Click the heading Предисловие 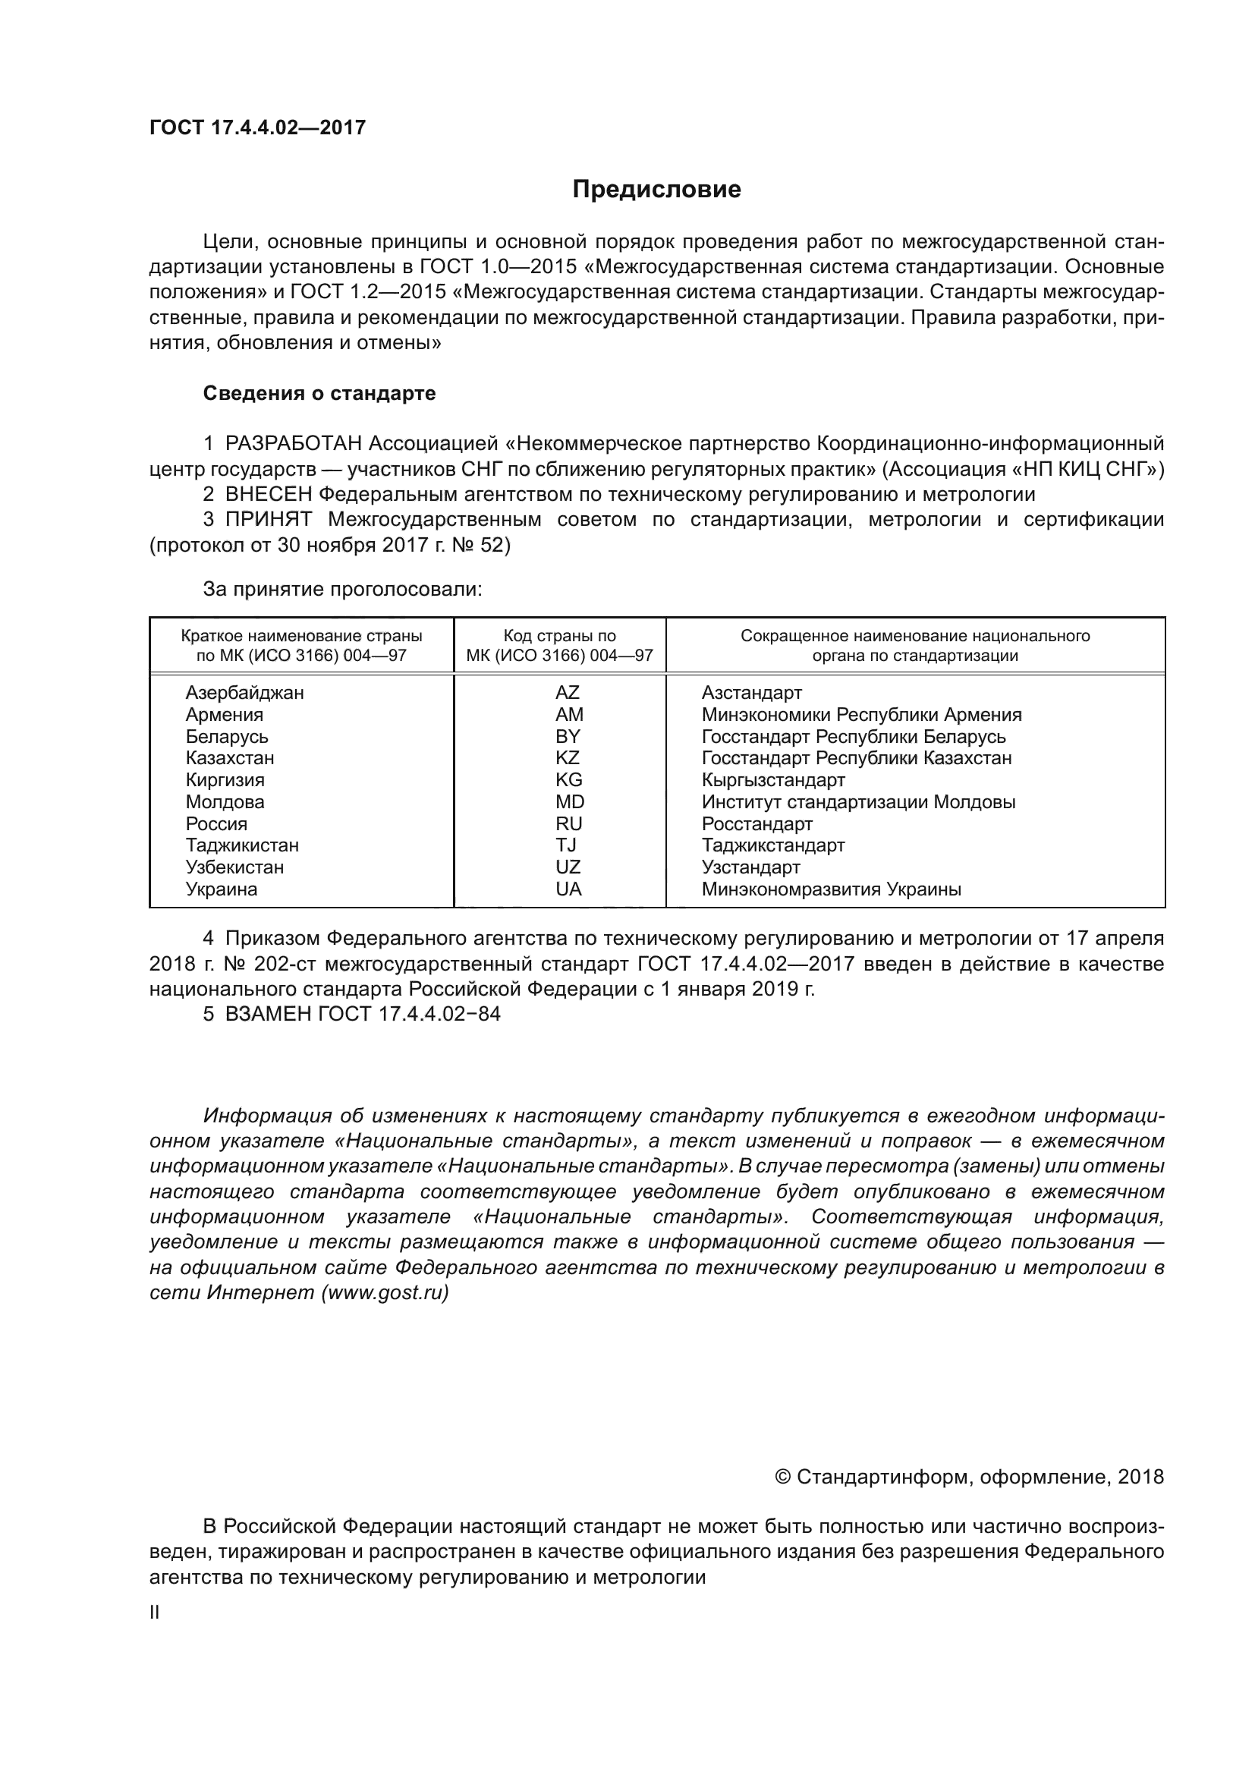(x=656, y=190)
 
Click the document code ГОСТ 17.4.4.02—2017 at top (x=257, y=127)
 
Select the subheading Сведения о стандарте (x=319, y=393)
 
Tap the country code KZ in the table (x=568, y=757)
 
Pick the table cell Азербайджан (x=244, y=693)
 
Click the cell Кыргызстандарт (x=772, y=779)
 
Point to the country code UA (x=568, y=889)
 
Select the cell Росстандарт (x=756, y=823)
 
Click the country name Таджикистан (x=242, y=845)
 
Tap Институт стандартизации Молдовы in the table (x=858, y=801)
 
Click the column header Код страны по (x=559, y=636)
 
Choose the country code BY (x=568, y=736)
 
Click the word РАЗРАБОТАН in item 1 (x=294, y=444)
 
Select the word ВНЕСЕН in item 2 (x=269, y=494)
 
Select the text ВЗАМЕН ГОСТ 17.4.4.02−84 (x=363, y=1015)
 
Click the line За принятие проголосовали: (x=342, y=589)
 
